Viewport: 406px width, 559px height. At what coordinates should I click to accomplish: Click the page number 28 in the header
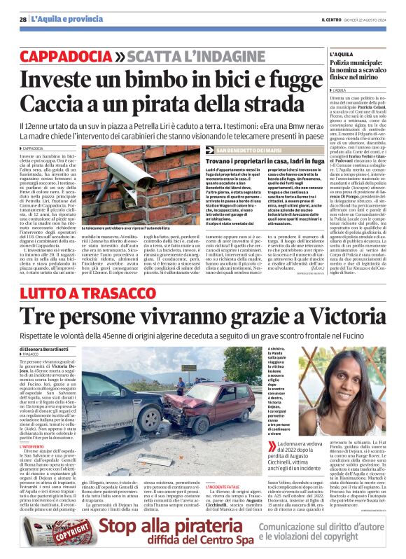click(x=23, y=20)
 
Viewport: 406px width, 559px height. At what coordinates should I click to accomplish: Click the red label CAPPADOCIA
click(x=66, y=55)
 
